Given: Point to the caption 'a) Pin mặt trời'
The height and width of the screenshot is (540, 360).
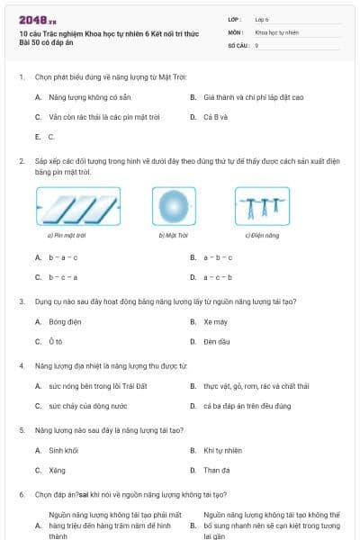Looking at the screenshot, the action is [67, 236].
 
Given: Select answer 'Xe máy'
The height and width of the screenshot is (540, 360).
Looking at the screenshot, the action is [214, 321].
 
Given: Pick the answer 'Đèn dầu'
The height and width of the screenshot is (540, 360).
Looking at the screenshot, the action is [216, 342].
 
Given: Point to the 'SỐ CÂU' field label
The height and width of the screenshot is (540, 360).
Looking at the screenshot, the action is [238, 44].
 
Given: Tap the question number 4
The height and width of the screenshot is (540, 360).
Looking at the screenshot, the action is [21, 365].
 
